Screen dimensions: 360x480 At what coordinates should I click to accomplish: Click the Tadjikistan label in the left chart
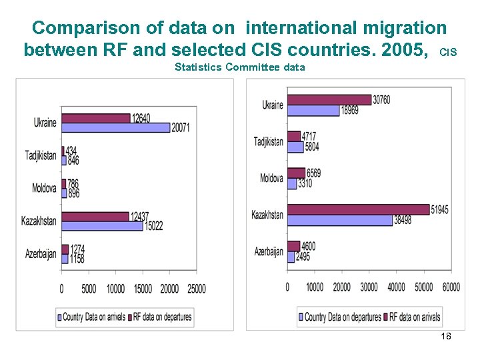point(40,156)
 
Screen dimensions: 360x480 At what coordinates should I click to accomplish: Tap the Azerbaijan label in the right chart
point(269,251)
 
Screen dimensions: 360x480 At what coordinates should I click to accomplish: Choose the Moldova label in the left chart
point(44,188)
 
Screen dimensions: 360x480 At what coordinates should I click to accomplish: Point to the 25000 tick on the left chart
point(195,289)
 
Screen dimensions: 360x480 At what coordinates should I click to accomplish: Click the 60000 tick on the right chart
point(451,287)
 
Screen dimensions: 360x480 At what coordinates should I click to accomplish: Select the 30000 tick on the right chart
point(369,287)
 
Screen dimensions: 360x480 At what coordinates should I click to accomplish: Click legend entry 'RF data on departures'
point(162,317)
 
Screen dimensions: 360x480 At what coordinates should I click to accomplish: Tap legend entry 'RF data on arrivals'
point(415,317)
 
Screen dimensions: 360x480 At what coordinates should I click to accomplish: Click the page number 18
point(446,336)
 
